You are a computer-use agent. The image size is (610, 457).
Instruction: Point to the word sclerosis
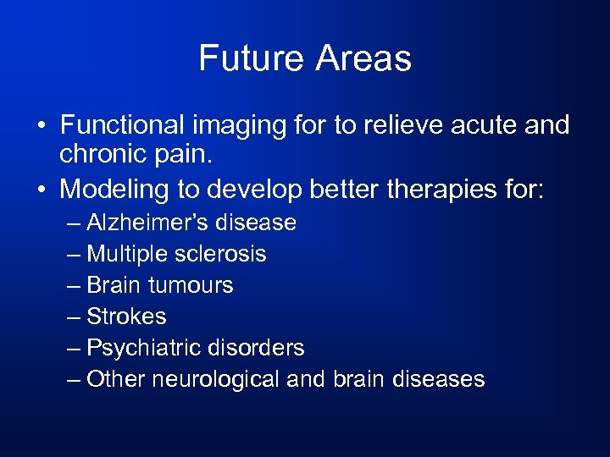(x=222, y=254)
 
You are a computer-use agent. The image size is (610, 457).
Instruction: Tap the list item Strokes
(x=126, y=317)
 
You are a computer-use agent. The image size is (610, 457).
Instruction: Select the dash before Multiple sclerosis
(x=74, y=254)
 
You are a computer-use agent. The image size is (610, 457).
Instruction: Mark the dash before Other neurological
(x=74, y=379)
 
